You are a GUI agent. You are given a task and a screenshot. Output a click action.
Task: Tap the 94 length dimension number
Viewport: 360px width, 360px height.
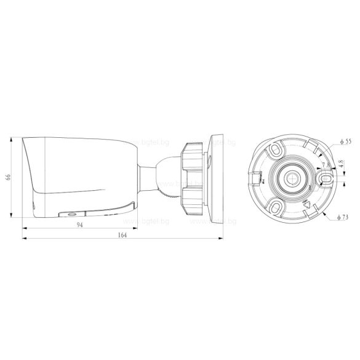point(79,226)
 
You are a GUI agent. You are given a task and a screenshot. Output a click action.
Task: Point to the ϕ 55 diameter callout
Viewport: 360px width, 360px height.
point(345,142)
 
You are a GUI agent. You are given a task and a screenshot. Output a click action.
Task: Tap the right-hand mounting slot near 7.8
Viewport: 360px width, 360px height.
point(324,177)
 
